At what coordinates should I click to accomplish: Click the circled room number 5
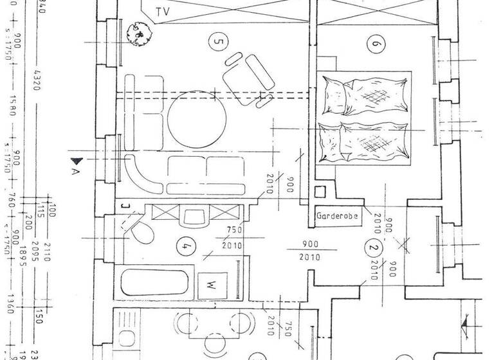219,43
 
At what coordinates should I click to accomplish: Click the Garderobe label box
336,217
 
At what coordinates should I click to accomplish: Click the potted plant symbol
137,33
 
